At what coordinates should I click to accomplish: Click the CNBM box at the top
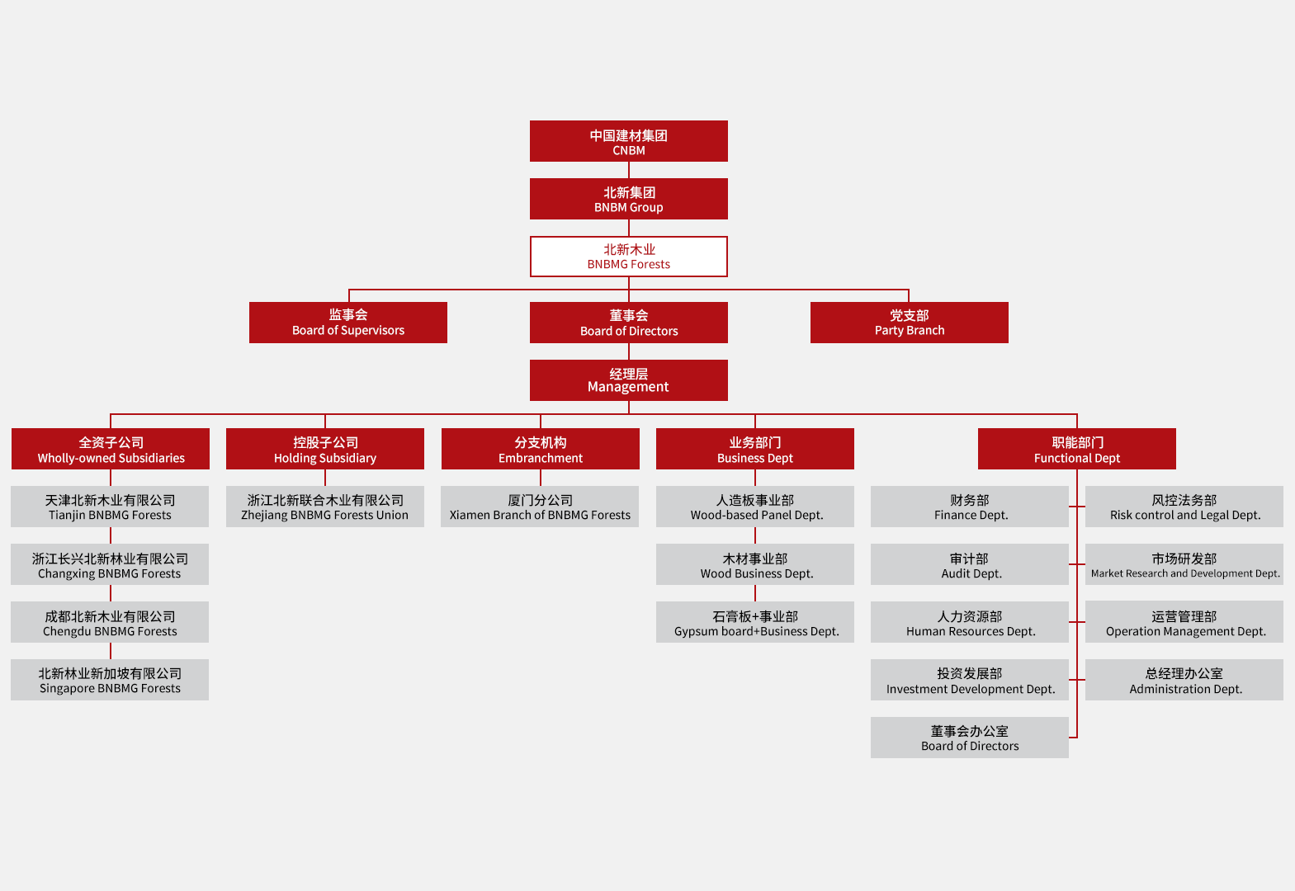click(x=628, y=141)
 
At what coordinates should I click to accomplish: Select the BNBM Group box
click(x=628, y=199)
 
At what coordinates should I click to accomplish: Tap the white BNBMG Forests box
click(x=628, y=257)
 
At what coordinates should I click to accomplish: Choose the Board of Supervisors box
click(x=347, y=323)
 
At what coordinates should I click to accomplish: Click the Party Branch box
click(x=909, y=323)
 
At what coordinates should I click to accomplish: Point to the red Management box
click(x=628, y=380)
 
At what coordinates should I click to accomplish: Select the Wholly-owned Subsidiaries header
click(x=111, y=449)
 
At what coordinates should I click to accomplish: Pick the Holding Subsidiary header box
click(x=325, y=449)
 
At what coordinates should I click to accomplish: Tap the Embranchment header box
click(x=540, y=449)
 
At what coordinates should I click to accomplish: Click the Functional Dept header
click(x=1076, y=449)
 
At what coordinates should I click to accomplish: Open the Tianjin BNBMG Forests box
click(x=110, y=507)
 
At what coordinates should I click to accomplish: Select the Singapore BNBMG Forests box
click(x=110, y=680)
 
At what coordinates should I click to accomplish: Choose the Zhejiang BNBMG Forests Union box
click(x=324, y=507)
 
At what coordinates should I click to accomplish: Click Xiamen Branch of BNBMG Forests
click(x=540, y=507)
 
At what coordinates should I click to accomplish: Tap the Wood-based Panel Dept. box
click(x=755, y=507)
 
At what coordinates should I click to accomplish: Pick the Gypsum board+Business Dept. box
click(x=755, y=622)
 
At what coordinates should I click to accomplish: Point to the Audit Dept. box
click(x=970, y=564)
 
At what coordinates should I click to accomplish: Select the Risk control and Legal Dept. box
click(x=1184, y=507)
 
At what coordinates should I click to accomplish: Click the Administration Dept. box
click(x=1184, y=680)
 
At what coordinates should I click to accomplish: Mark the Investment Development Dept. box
click(x=970, y=680)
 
